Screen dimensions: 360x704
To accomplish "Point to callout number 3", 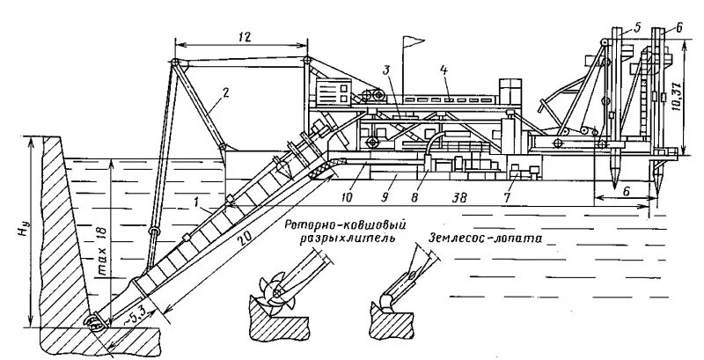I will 386,68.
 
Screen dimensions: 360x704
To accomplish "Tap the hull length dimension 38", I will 458,199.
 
